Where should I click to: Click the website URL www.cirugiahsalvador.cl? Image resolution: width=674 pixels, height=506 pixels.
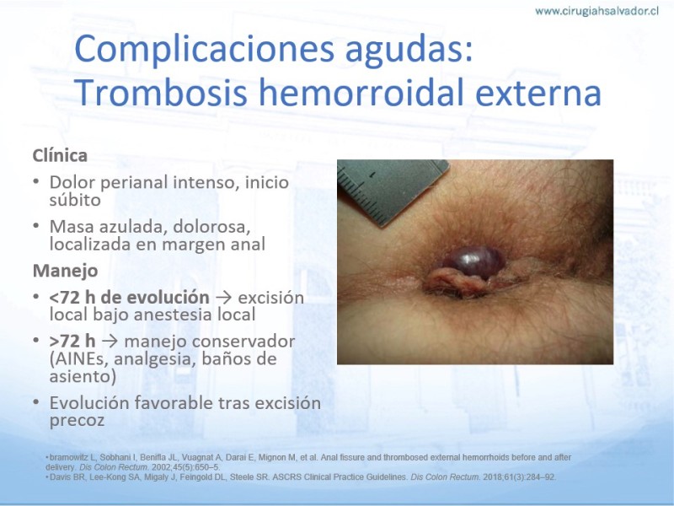tap(596, 11)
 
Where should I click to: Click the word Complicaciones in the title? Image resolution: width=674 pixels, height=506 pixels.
tap(204, 49)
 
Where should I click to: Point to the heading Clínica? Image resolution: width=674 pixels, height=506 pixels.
tap(60, 155)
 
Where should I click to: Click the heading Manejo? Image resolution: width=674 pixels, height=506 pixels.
tap(66, 271)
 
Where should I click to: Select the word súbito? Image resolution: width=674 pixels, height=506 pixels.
tap(75, 200)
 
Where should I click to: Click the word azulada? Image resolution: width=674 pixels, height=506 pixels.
tap(123, 226)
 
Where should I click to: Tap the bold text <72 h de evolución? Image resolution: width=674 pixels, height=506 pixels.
tap(130, 298)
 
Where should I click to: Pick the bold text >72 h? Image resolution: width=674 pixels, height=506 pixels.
tap(72, 342)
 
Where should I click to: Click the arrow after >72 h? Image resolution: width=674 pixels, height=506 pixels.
tap(110, 342)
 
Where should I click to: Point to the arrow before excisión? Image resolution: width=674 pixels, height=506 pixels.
tap(224, 298)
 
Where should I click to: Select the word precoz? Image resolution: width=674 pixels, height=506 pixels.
tap(77, 421)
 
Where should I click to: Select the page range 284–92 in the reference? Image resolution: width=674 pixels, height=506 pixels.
tap(541, 477)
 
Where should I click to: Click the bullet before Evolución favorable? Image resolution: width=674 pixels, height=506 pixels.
tap(36, 403)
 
